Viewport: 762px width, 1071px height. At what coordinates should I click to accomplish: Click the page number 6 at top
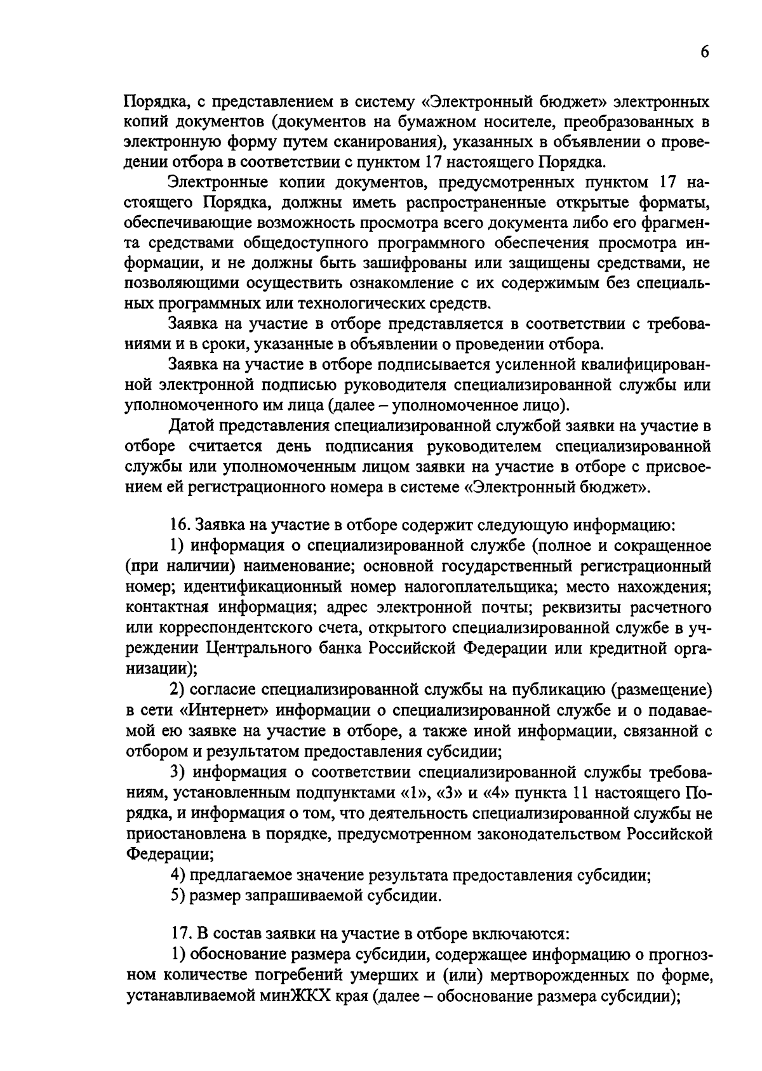point(705,53)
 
